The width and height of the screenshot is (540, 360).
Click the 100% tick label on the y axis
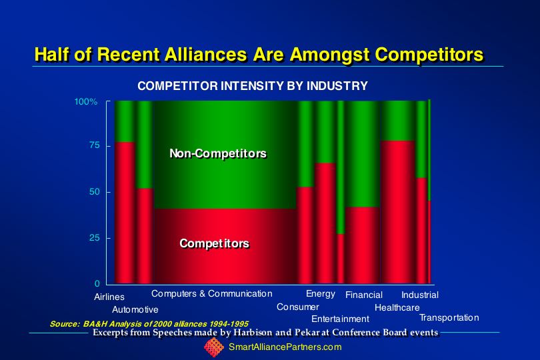pyautogui.click(x=86, y=101)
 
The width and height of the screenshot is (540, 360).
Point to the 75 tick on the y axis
pyautogui.click(x=95, y=145)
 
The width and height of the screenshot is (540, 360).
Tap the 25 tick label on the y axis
pyautogui.click(x=95, y=238)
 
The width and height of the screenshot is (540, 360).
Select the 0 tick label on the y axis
pyautogui.click(x=97, y=283)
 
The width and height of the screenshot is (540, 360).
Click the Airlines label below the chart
pyautogui.click(x=109, y=297)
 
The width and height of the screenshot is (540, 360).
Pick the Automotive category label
pyautogui.click(x=135, y=310)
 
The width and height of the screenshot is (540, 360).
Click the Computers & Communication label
pyautogui.click(x=212, y=293)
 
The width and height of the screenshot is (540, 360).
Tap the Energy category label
pyautogui.click(x=320, y=294)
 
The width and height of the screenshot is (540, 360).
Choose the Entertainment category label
pyautogui.click(x=340, y=319)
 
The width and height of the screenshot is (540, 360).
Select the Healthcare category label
pyautogui.click(x=397, y=307)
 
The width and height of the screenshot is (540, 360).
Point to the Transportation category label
pyautogui.click(x=449, y=317)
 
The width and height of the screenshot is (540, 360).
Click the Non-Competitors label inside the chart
pyautogui.click(x=218, y=153)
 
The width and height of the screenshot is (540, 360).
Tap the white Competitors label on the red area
pyautogui.click(x=214, y=243)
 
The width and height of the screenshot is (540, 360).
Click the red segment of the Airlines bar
pyautogui.click(x=125, y=213)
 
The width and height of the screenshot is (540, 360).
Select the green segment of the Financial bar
pyautogui.click(x=363, y=153)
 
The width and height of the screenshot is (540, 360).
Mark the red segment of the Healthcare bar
pyautogui.click(x=398, y=212)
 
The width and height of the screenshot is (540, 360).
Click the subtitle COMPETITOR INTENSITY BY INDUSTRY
pyautogui.click(x=253, y=86)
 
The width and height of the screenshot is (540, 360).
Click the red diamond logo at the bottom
pyautogui.click(x=214, y=347)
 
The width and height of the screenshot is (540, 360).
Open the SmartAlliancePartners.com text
pyautogui.click(x=285, y=347)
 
